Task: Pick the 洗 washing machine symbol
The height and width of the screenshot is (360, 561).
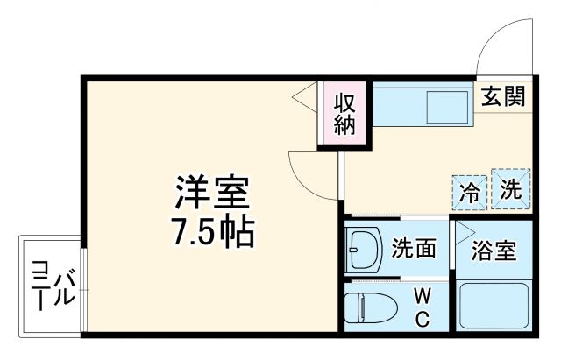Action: [x=511, y=188]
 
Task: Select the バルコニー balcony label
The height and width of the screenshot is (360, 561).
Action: [x=52, y=284]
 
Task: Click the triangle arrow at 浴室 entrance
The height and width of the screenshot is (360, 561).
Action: [x=462, y=232]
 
